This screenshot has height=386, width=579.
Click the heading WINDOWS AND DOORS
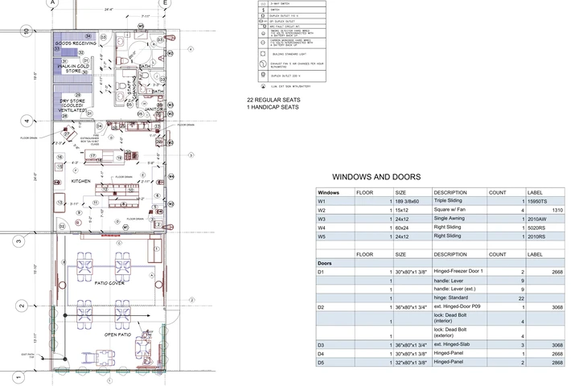376,177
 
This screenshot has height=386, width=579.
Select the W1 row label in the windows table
322,201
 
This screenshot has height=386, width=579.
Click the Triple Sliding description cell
450,201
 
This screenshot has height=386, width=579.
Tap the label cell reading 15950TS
539,201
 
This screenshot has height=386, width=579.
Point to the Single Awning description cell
452,219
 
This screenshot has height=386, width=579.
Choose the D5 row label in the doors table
322,362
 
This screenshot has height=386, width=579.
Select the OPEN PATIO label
117,334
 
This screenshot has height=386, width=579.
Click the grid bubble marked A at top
52,3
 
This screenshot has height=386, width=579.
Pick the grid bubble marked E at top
164,3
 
